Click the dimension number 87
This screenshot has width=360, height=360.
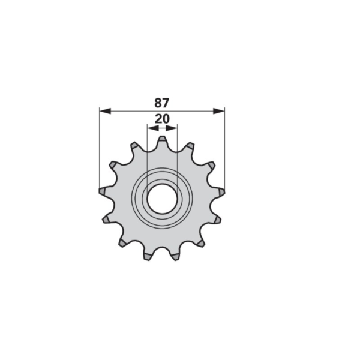(161, 103)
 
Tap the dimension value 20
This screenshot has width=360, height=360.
(162, 119)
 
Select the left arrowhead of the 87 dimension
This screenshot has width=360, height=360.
(105, 112)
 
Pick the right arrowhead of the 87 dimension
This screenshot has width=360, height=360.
(219, 112)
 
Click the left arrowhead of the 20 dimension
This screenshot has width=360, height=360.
(153, 128)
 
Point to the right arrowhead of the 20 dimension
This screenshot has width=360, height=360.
(172, 128)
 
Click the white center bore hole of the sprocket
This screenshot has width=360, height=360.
(163, 199)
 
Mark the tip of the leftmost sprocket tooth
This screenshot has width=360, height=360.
(100, 191)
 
